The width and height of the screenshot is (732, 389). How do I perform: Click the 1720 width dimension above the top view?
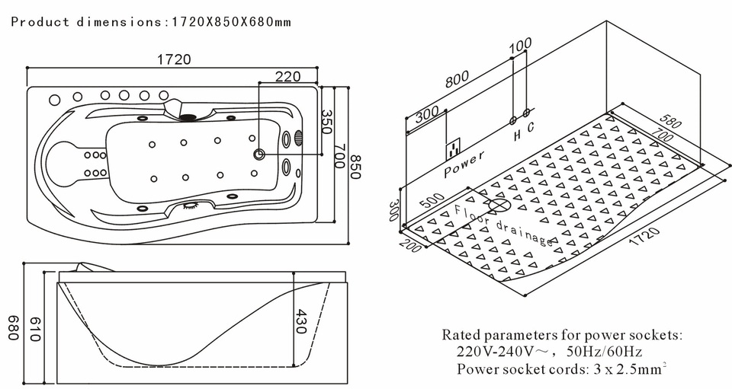click(175, 59)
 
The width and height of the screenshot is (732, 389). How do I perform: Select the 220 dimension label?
click(287, 76)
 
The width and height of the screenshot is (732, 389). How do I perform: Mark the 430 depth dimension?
click(301, 324)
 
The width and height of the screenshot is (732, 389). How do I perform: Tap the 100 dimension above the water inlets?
click(520, 45)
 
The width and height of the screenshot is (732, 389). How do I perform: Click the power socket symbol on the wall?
click(455, 145)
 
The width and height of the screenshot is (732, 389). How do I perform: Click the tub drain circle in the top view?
click(259, 155)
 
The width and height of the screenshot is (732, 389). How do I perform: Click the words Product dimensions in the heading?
click(85, 21)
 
